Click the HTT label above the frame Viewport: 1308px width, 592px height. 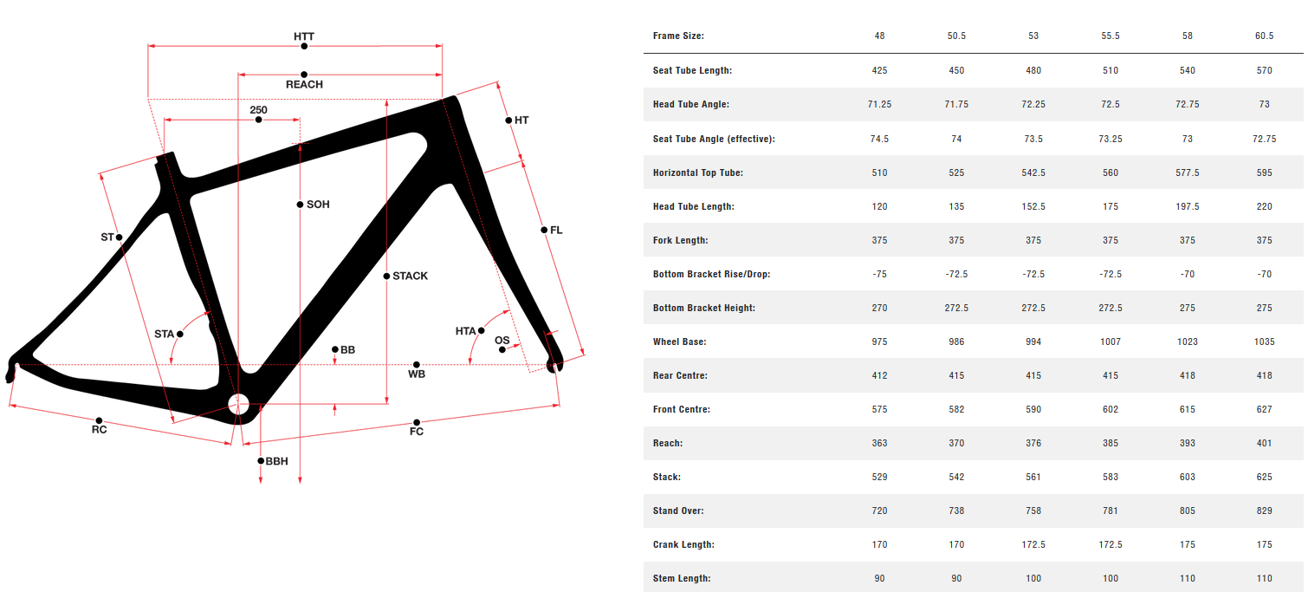point(304,37)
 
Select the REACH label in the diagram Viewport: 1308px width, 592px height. point(304,85)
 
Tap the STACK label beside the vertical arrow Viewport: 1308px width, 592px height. point(410,276)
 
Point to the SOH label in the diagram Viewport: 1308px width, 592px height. point(318,205)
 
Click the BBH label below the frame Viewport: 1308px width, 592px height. point(276,462)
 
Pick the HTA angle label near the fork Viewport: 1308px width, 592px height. point(466,331)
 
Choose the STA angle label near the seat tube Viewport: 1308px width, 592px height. point(165,334)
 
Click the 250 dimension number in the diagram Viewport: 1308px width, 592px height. point(258,110)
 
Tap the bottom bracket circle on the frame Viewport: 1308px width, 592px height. point(238,402)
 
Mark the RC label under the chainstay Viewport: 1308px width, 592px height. point(100,430)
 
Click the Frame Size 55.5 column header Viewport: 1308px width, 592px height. point(1110,36)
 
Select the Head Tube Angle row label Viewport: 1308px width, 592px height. point(691,104)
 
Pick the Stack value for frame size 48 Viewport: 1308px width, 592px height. point(880,477)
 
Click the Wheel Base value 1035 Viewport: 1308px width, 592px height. point(1264,342)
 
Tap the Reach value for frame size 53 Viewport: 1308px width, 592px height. point(1033,443)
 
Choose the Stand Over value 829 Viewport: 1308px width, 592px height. point(1264,511)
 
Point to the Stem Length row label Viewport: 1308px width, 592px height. point(682,578)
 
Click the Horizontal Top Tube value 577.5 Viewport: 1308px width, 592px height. point(1187,172)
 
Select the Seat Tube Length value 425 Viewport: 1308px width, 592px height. point(880,70)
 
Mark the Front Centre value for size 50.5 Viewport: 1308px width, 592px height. point(956,409)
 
